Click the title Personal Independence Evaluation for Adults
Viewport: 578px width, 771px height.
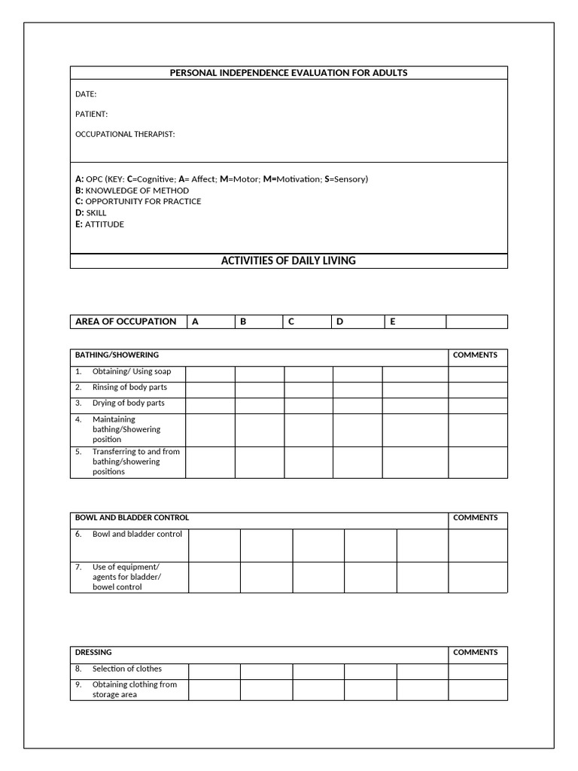click(289, 73)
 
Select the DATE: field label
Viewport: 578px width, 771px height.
click(86, 94)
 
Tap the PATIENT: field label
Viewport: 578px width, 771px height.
click(92, 114)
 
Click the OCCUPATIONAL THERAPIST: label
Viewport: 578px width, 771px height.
click(125, 134)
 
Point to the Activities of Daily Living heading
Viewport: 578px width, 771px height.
click(288, 261)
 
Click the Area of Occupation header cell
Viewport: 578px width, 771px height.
click(126, 322)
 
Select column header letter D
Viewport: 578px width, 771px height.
click(339, 322)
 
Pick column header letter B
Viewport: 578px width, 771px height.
click(243, 322)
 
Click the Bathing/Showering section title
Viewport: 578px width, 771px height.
click(117, 355)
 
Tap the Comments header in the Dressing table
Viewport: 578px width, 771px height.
click(475, 652)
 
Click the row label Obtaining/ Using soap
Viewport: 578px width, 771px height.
click(131, 371)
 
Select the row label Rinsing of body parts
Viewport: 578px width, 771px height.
click(129, 387)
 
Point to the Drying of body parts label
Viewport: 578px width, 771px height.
click(128, 403)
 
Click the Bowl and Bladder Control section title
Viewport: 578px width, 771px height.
click(132, 517)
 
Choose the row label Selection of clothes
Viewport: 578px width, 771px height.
click(126, 669)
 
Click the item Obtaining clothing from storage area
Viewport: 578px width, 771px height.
click(134, 690)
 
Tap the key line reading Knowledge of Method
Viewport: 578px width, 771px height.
click(132, 190)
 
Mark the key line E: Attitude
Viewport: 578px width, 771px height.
click(99, 224)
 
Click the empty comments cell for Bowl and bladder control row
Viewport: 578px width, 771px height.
click(478, 545)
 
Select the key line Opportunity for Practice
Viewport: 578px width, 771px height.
click(138, 202)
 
